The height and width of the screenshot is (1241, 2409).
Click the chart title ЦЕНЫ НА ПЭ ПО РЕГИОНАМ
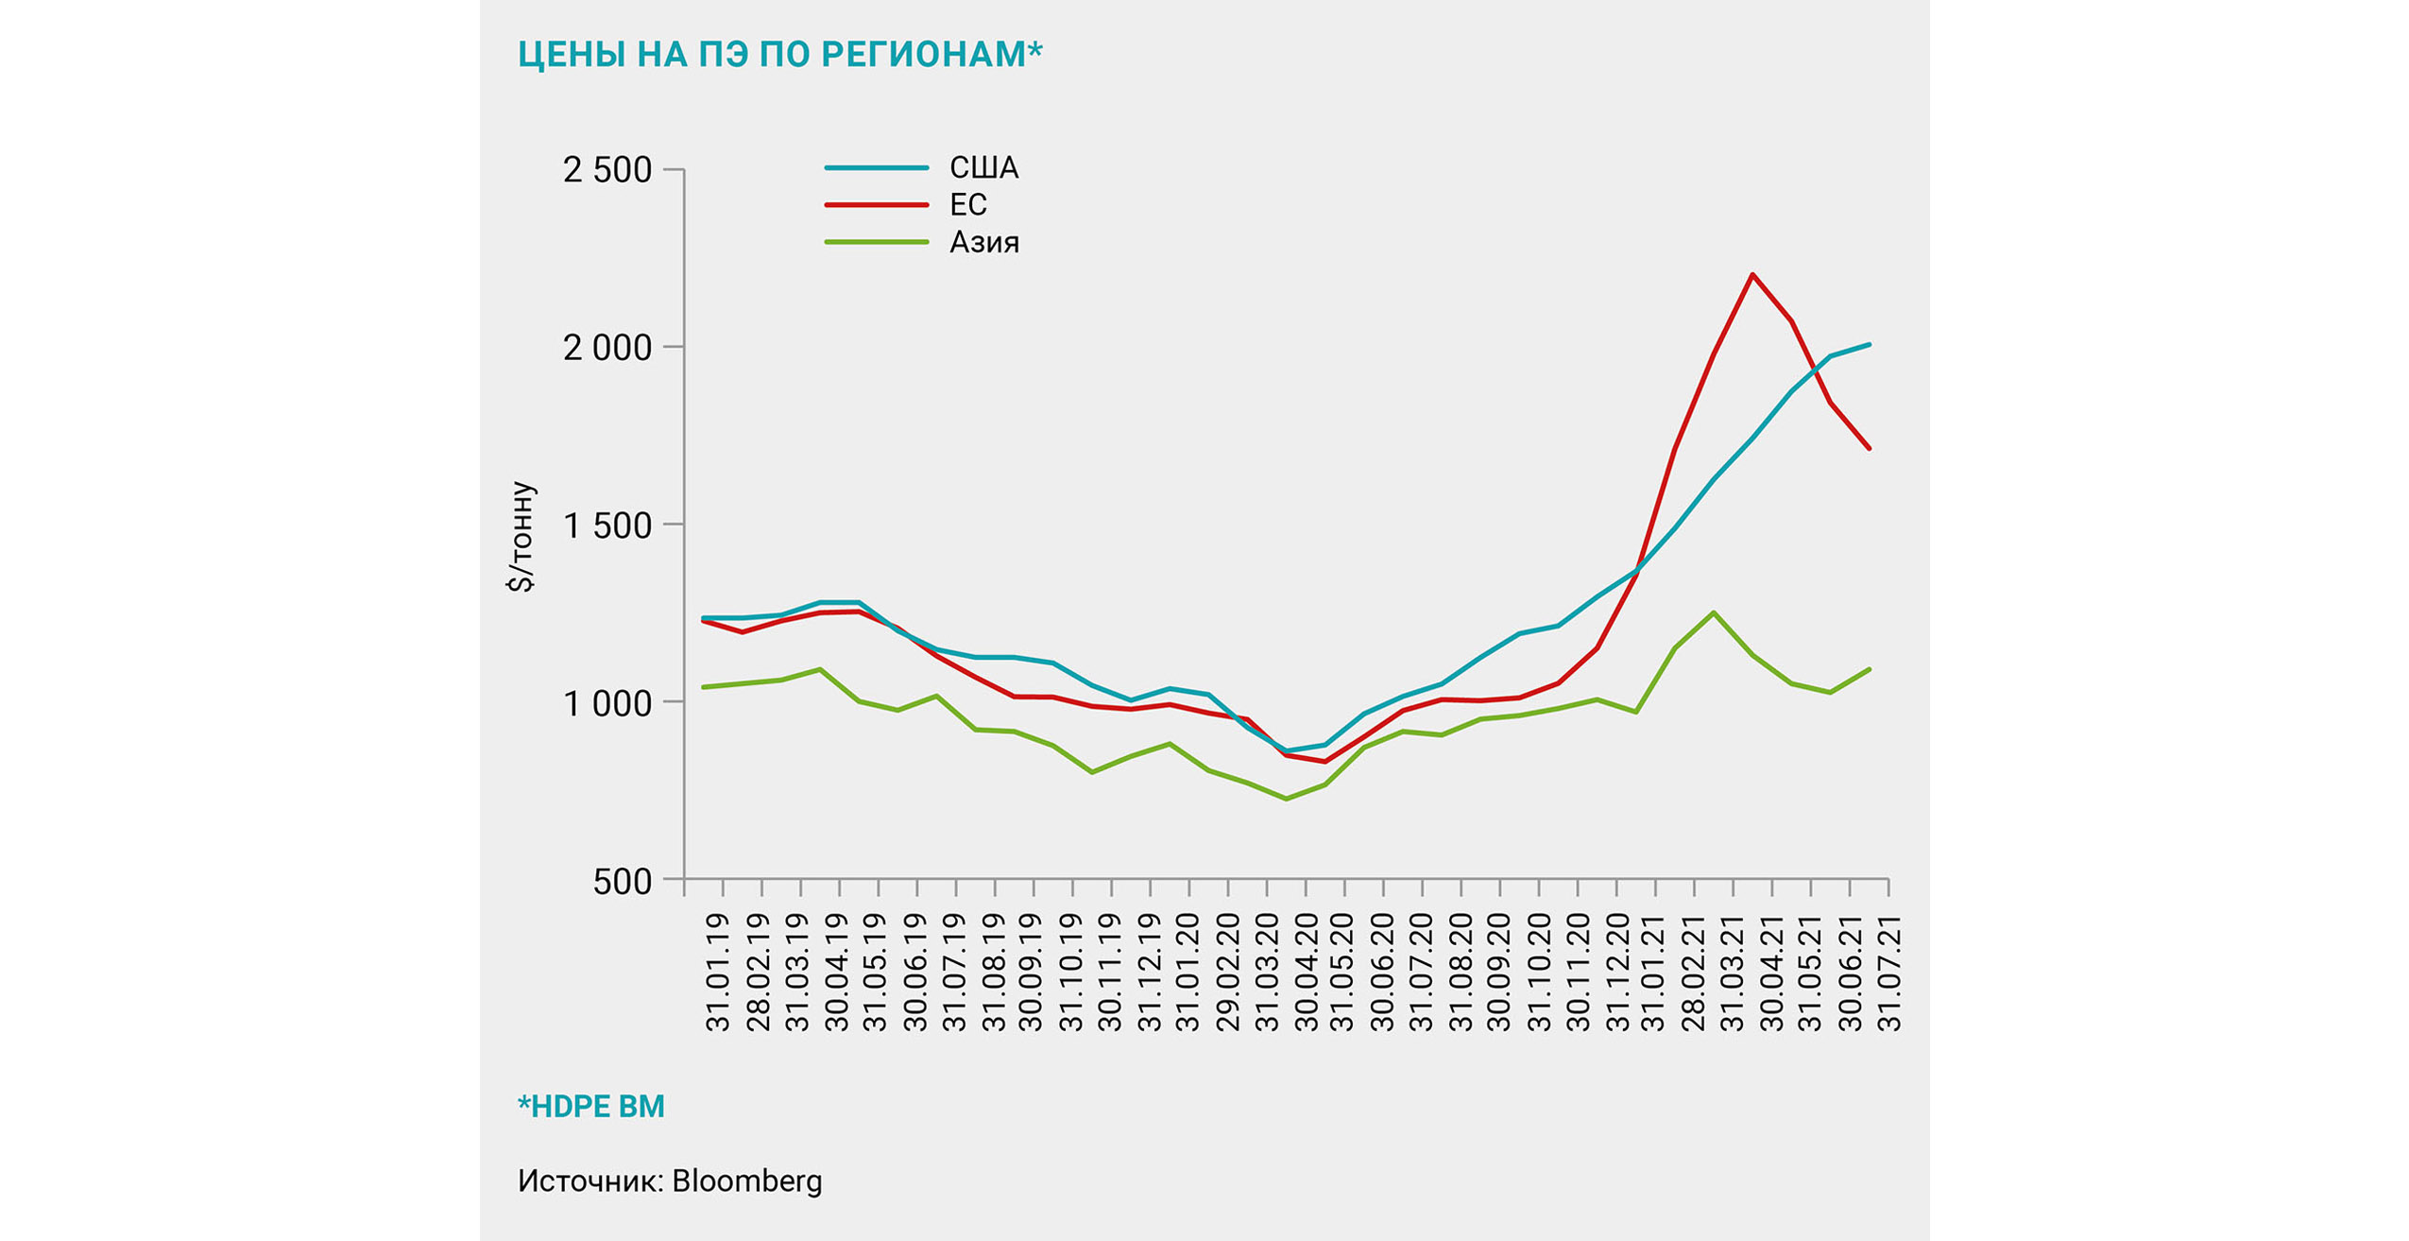[779, 55]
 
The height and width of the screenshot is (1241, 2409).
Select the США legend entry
[982, 168]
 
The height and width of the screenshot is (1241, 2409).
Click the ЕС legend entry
[967, 205]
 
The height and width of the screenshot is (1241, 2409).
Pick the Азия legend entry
[983, 243]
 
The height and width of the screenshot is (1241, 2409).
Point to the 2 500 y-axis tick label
[607, 170]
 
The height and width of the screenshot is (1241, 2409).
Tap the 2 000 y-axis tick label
[607, 348]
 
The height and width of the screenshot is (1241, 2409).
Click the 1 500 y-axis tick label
[607, 526]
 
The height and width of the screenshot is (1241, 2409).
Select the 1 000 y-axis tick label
[607, 703]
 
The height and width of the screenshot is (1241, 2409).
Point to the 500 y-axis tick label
[622, 881]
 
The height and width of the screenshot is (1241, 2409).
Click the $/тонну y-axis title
[521, 536]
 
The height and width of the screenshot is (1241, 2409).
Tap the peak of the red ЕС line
[1752, 275]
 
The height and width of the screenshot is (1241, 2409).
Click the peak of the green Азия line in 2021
[1714, 612]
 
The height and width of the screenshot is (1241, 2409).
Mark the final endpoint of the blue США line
[1869, 345]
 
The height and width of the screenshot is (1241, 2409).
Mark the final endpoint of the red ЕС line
[1869, 448]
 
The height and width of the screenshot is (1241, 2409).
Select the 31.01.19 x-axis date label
[719, 972]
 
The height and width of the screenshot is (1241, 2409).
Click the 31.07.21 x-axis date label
[1888, 972]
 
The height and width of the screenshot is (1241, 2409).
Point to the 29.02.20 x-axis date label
[1226, 972]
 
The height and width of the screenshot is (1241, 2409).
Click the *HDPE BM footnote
[591, 1106]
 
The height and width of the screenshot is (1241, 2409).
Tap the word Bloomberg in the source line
[747, 1181]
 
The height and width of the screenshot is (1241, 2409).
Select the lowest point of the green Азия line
[1286, 799]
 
